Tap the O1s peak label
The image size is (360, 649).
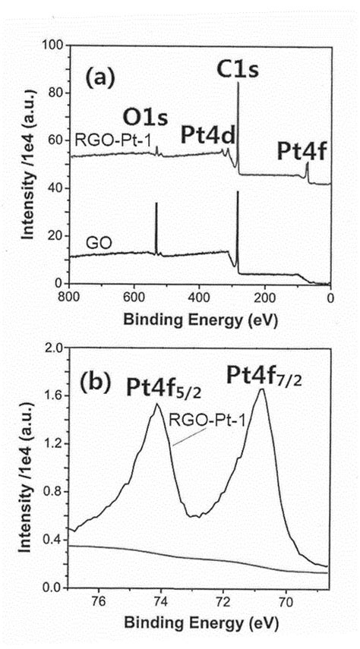tap(147, 116)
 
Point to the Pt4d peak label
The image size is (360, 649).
tap(207, 134)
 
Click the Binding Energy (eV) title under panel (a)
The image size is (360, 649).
tap(199, 317)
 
